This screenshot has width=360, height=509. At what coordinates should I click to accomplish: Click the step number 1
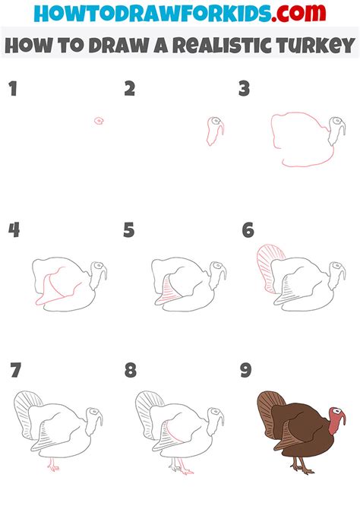(x=12, y=90)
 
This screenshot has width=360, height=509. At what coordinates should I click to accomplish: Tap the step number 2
(x=130, y=90)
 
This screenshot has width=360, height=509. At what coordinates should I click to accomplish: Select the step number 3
(x=245, y=90)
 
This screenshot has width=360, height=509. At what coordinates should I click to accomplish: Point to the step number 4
(x=13, y=230)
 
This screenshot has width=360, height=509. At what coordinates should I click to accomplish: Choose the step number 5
(x=130, y=230)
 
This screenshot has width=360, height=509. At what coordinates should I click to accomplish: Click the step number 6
(x=248, y=230)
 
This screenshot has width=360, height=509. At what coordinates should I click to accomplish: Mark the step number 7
(x=15, y=371)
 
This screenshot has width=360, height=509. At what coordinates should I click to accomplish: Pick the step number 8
(x=131, y=371)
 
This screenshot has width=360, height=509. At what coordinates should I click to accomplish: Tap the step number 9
(x=246, y=371)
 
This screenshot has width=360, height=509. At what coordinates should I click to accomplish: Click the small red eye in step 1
(x=99, y=121)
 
